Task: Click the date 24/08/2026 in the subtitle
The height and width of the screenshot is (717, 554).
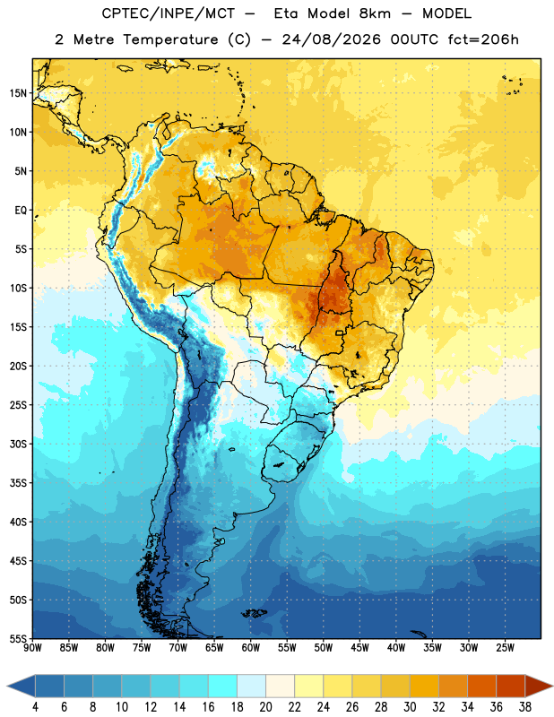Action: (331, 39)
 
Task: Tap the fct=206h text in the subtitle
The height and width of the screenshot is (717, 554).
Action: (483, 39)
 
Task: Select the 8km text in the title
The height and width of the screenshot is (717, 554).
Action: (375, 13)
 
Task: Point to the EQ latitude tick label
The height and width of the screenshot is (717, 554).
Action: (21, 211)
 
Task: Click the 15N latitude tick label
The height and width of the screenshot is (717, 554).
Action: (18, 93)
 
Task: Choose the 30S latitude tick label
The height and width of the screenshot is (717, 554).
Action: (18, 444)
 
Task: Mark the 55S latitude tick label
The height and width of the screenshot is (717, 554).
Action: (18, 639)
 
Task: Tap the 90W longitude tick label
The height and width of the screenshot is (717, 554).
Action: (32, 648)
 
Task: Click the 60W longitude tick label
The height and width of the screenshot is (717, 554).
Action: (251, 648)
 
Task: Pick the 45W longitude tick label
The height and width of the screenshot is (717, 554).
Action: (359, 648)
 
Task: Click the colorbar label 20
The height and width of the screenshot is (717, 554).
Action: (265, 707)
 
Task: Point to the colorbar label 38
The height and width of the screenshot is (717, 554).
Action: (524, 707)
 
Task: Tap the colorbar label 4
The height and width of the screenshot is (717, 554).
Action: (35, 707)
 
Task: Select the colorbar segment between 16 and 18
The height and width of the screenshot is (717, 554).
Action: (223, 687)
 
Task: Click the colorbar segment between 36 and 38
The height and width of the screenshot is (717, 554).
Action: (511, 687)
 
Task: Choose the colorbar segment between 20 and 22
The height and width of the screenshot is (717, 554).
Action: (281, 687)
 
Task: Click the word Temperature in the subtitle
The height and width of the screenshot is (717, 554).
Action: (171, 39)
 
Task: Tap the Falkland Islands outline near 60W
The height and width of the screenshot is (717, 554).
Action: (255, 613)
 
